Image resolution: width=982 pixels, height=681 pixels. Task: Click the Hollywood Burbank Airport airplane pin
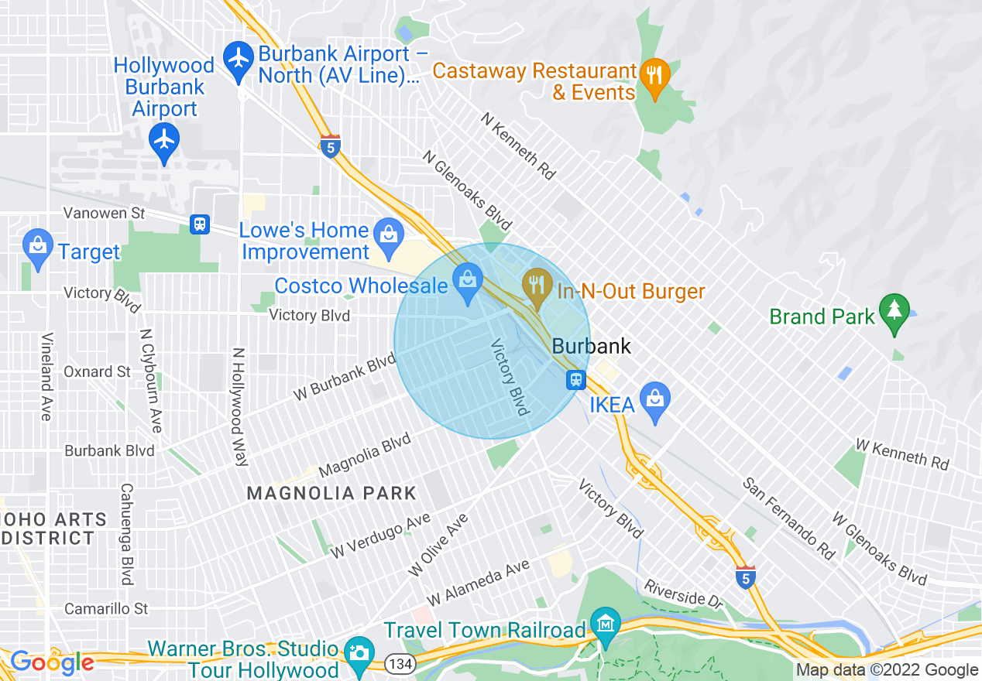(164, 141)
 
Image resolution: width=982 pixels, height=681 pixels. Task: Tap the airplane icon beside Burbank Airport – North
(238, 58)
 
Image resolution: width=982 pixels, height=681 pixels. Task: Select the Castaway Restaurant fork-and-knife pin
(654, 76)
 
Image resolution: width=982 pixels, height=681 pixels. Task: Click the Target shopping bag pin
(37, 246)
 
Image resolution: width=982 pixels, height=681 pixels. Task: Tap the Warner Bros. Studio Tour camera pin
(358, 652)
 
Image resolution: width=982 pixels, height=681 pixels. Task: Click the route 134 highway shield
(400, 663)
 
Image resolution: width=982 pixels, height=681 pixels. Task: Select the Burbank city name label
(592, 346)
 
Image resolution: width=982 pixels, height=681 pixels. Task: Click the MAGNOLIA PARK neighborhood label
(331, 493)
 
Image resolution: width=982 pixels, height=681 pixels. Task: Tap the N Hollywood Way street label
(239, 406)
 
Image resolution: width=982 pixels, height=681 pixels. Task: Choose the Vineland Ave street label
(46, 376)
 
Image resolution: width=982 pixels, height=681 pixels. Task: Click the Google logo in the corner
(52, 662)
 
